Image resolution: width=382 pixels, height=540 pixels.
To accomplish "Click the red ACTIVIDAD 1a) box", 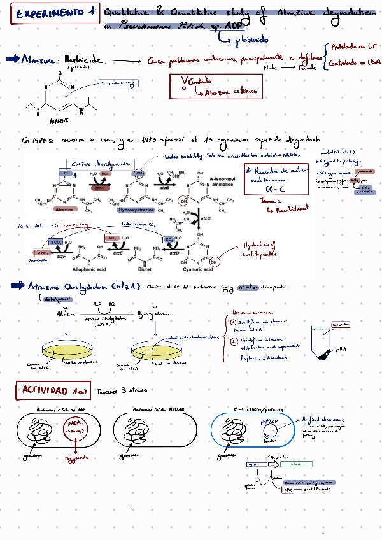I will pyautogui.click(x=53, y=390).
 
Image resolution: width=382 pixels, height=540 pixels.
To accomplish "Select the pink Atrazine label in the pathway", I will pyautogui.click(x=64, y=209).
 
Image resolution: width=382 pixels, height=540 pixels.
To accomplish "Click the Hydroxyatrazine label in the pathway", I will pyautogui.click(x=138, y=209).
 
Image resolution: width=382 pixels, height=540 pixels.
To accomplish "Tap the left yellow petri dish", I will pyautogui.click(x=67, y=349).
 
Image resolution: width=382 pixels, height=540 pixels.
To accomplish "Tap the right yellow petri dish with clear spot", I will pyautogui.click(x=157, y=349).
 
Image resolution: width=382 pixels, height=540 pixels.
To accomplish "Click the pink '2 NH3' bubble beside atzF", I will pyautogui.click(x=45, y=253).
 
